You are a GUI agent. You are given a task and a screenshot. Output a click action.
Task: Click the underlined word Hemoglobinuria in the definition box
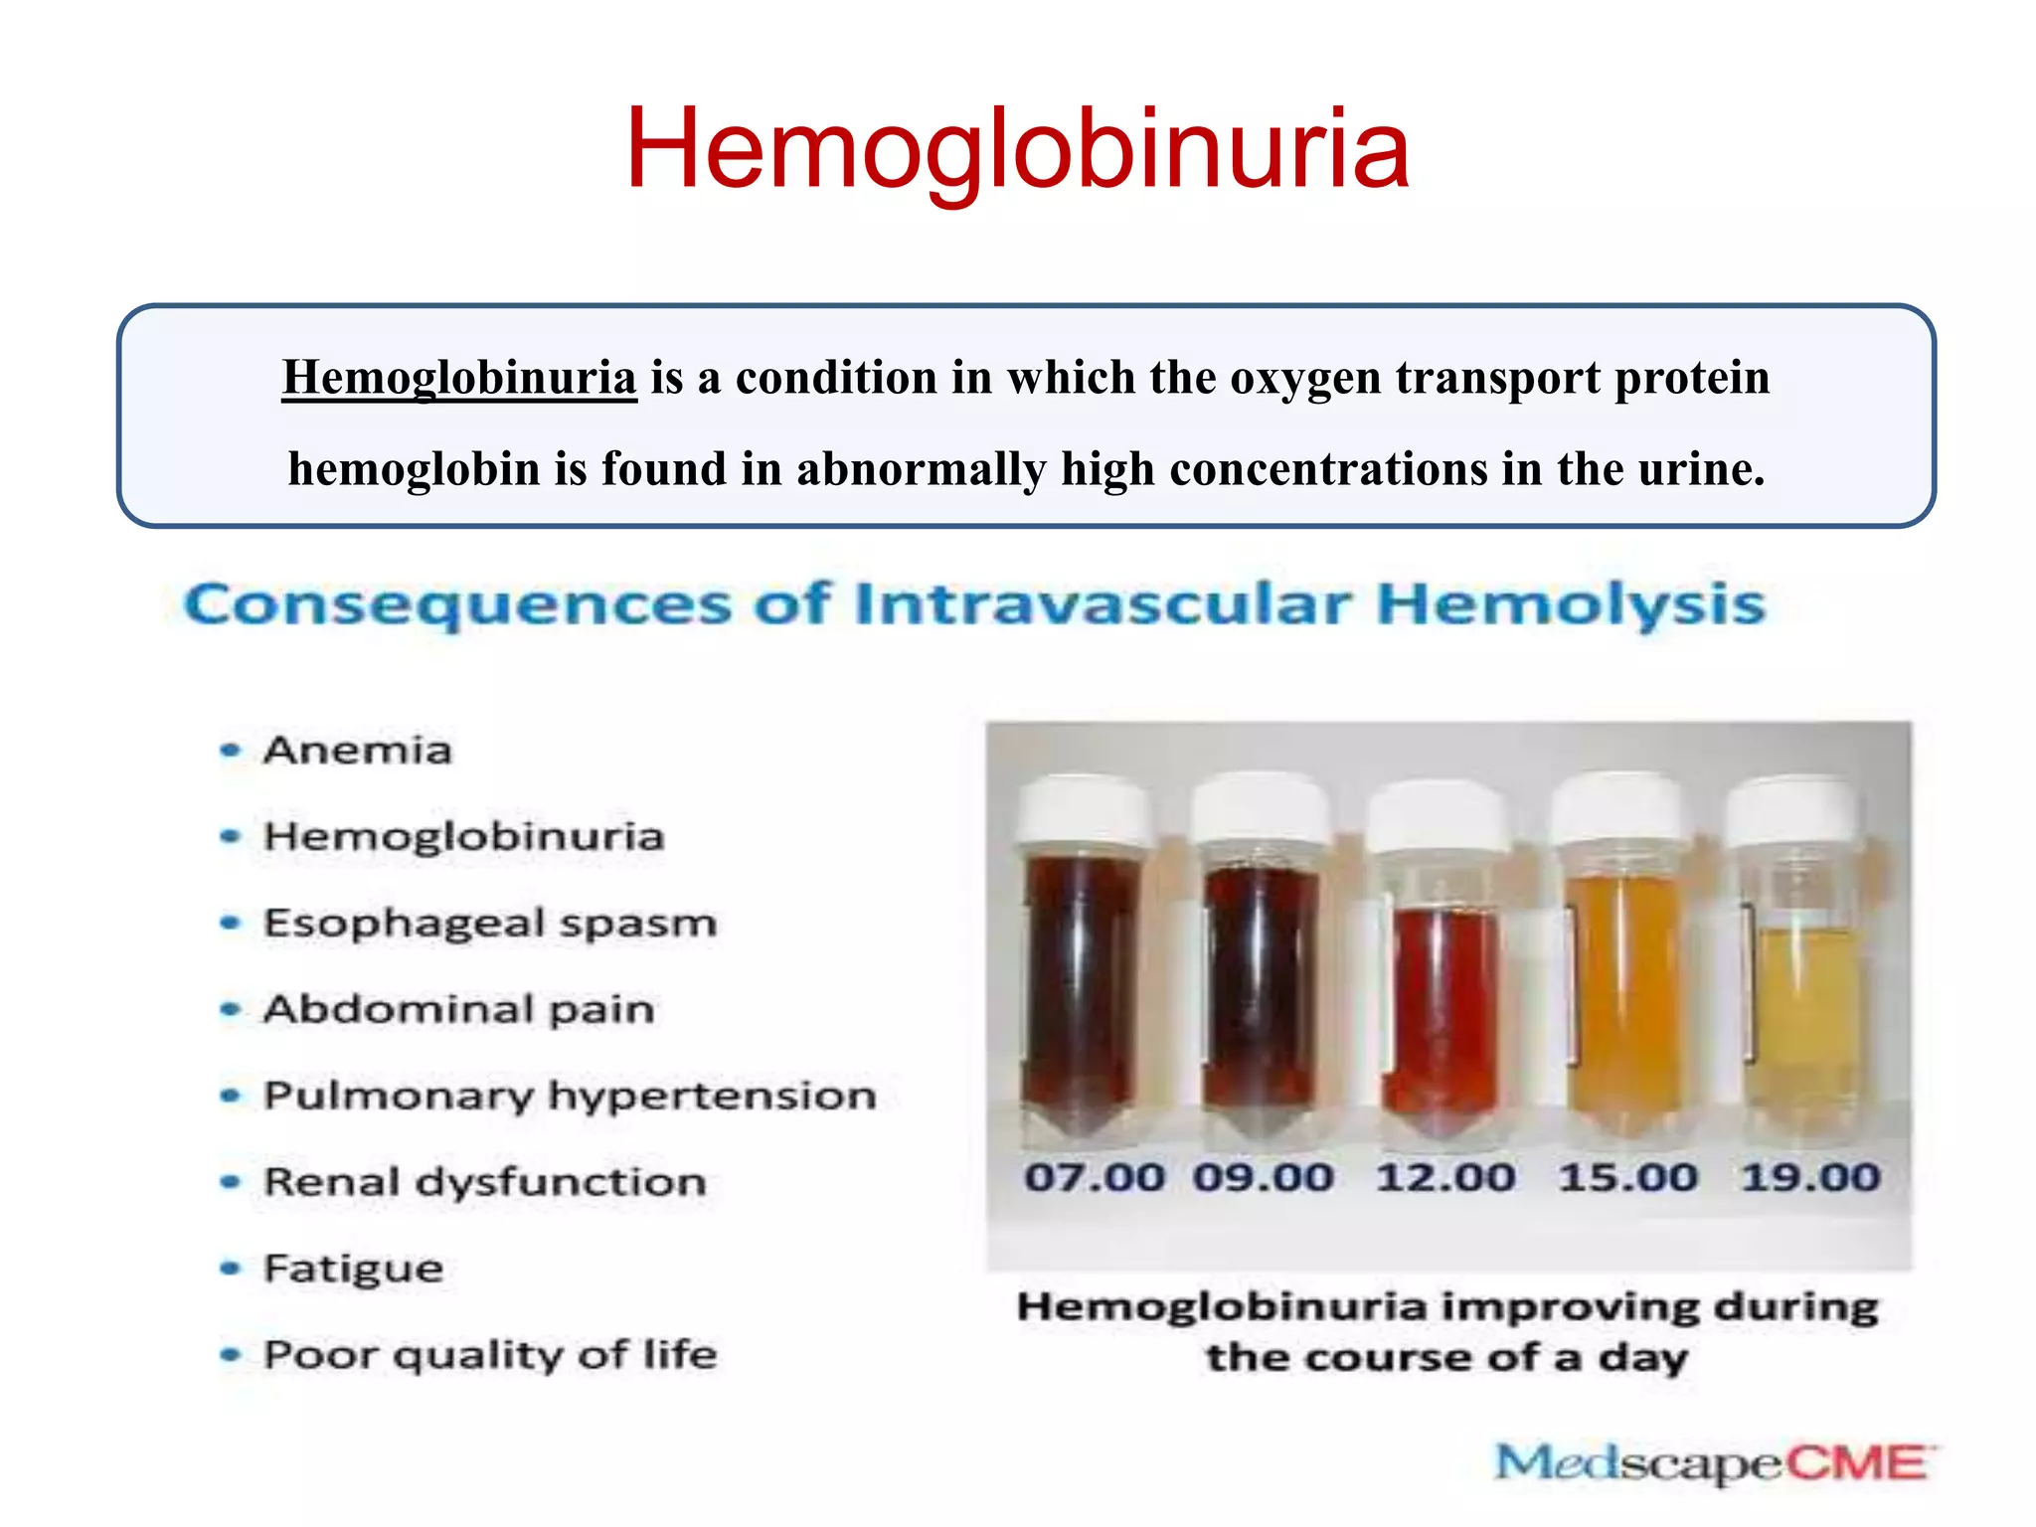click(x=458, y=378)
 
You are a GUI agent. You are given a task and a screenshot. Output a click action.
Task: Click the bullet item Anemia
click(x=357, y=750)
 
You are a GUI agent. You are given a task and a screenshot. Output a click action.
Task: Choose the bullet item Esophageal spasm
click(x=489, y=923)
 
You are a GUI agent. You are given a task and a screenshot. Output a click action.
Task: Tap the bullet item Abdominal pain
click(x=458, y=1009)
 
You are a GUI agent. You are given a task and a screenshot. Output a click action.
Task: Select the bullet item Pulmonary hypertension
click(x=570, y=1096)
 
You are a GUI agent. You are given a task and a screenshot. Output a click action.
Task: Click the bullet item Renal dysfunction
click(x=484, y=1182)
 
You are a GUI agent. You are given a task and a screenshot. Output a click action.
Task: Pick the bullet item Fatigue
click(x=353, y=1269)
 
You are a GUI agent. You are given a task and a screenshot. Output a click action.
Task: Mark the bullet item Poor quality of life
click(x=489, y=1355)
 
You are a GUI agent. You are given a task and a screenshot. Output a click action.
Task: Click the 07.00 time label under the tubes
click(x=1094, y=1177)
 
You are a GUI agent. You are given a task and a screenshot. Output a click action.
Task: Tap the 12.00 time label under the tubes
click(x=1444, y=1177)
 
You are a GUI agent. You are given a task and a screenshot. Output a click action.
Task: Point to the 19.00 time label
click(x=1810, y=1177)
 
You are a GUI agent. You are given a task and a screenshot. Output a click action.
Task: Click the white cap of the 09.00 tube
click(x=1261, y=810)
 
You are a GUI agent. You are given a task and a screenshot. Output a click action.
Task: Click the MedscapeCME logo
click(x=1711, y=1463)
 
